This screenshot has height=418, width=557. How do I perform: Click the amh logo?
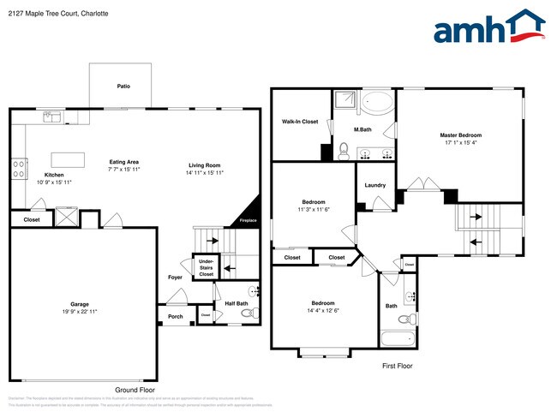[x=488, y=27]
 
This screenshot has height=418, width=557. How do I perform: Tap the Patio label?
[x=123, y=87]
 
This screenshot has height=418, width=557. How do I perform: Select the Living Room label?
[x=205, y=164]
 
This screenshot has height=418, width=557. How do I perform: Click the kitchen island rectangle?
[x=68, y=159]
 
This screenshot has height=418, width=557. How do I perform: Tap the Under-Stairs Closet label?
[x=206, y=269]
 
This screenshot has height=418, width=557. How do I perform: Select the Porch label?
[x=176, y=316]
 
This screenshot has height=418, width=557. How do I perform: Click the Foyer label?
[x=175, y=278]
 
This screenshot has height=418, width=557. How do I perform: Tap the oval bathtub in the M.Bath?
[x=375, y=105]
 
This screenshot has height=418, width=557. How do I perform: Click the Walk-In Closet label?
[x=300, y=122]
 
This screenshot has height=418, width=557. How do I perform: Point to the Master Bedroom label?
[x=461, y=135]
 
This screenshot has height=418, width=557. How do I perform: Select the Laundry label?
[x=374, y=185]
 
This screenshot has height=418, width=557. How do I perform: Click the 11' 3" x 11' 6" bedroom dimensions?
[x=314, y=209]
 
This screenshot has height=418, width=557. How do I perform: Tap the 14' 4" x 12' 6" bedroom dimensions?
[x=322, y=310]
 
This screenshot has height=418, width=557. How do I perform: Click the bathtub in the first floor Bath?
[x=398, y=340]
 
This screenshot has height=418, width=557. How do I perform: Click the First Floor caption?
[x=397, y=366]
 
